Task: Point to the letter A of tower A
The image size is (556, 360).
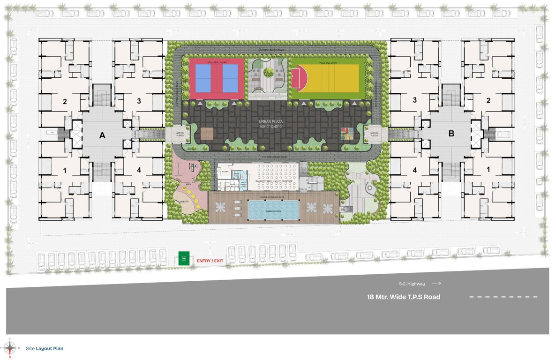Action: pos(102,135)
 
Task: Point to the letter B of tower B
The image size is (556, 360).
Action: pos(451,134)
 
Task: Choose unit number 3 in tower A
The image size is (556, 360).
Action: pos(139,101)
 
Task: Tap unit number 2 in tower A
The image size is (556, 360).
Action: pos(65,101)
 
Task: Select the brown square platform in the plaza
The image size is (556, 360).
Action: pos(207,134)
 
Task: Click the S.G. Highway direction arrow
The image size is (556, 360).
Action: pos(436,284)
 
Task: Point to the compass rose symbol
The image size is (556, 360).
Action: pos(9,347)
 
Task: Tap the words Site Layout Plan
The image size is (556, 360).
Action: pos(45,348)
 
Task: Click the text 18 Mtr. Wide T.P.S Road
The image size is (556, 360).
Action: pos(404,297)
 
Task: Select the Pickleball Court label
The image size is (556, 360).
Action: pos(216,61)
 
